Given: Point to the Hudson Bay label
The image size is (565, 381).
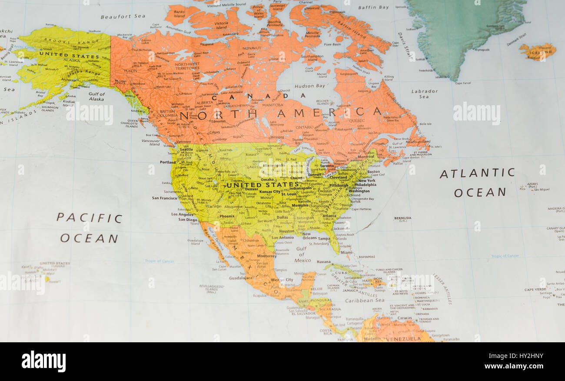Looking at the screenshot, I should pyautogui.click(x=309, y=86).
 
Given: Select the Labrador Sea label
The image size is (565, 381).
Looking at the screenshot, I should pyautogui.click(x=424, y=94).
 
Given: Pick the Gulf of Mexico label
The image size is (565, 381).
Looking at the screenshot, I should pyautogui.click(x=302, y=255).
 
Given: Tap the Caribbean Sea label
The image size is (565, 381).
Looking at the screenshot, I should pyautogui.click(x=365, y=301).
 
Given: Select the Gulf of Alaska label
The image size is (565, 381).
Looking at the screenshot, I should pyautogui.click(x=96, y=96).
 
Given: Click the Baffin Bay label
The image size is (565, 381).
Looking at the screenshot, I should pyautogui.click(x=373, y=7).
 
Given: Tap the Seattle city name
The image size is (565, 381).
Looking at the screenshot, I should pyautogui.click(x=186, y=150).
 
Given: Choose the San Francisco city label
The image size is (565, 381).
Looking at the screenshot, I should pyautogui.click(x=165, y=198).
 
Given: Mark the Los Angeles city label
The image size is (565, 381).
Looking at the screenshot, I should pyautogui.click(x=182, y=214).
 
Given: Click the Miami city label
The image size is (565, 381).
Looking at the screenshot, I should pyautogui.click(x=346, y=252).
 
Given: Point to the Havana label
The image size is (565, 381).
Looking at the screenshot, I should pyautogui.click(x=323, y=262).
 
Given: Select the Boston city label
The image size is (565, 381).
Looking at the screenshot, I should pyautogui.click(x=373, y=172).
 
